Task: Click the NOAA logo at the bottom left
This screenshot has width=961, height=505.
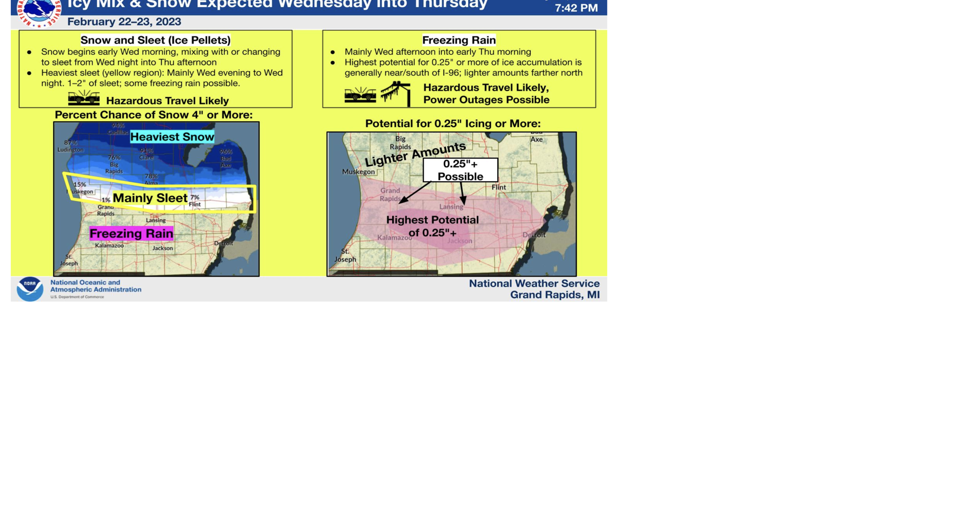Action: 30,289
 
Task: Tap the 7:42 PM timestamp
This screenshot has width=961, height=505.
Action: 576,8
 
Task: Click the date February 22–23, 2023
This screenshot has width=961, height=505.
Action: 124,22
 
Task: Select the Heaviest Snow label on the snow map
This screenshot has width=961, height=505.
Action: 172,137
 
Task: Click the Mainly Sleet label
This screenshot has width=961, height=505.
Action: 150,198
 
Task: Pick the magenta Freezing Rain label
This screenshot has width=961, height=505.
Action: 132,234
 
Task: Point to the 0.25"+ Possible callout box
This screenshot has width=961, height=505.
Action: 460,170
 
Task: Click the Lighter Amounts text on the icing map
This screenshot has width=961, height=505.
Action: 415,154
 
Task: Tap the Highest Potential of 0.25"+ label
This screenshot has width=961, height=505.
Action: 432,226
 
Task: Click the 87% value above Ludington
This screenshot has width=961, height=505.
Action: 71,143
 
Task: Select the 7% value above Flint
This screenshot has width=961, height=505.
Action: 194,197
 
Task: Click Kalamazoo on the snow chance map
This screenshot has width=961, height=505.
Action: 110,246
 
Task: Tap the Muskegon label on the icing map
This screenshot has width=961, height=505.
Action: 358,172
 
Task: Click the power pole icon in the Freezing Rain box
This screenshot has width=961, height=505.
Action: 396,94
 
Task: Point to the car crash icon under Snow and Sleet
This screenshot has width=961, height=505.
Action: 84,98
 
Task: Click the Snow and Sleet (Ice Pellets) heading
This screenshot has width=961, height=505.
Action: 156,40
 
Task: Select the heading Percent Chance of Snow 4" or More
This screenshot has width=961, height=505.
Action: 154,115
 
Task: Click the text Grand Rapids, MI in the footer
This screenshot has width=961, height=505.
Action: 555,295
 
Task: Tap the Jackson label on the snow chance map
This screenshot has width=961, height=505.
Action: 163,248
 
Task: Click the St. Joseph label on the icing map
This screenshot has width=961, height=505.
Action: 345,256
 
